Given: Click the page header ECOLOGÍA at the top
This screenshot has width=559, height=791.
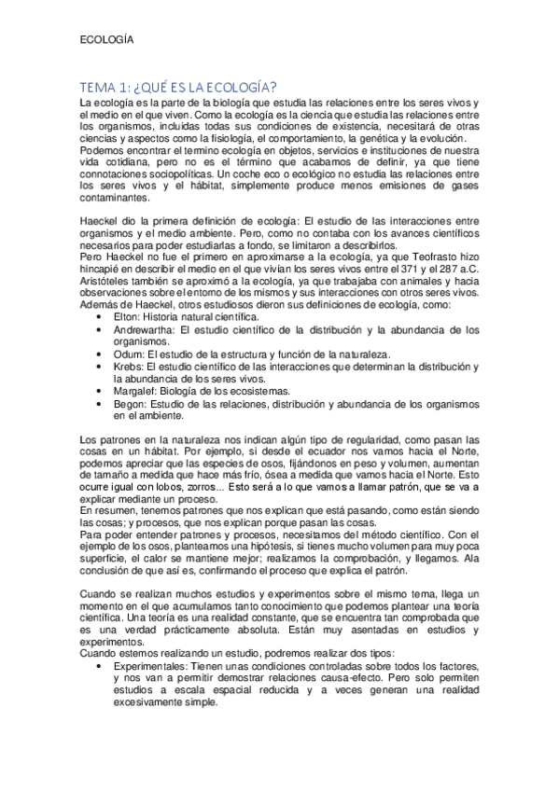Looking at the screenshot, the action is tap(106, 40).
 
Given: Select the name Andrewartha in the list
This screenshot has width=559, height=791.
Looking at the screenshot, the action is tap(147, 329).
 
